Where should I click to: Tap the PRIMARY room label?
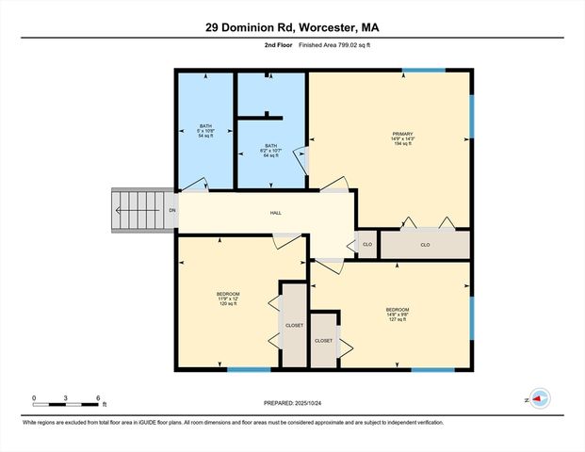[403, 138]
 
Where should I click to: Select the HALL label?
[276, 213]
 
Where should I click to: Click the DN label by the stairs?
[171, 211]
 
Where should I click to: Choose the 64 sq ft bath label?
[271, 150]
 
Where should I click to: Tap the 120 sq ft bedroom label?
[228, 299]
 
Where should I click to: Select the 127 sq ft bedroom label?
[397, 315]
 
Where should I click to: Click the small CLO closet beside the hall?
[367, 245]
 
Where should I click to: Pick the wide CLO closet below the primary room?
[425, 245]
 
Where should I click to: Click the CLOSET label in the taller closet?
[294, 326]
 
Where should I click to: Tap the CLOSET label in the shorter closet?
[323, 341]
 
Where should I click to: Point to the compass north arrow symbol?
[538, 398]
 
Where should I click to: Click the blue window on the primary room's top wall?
[431, 70]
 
